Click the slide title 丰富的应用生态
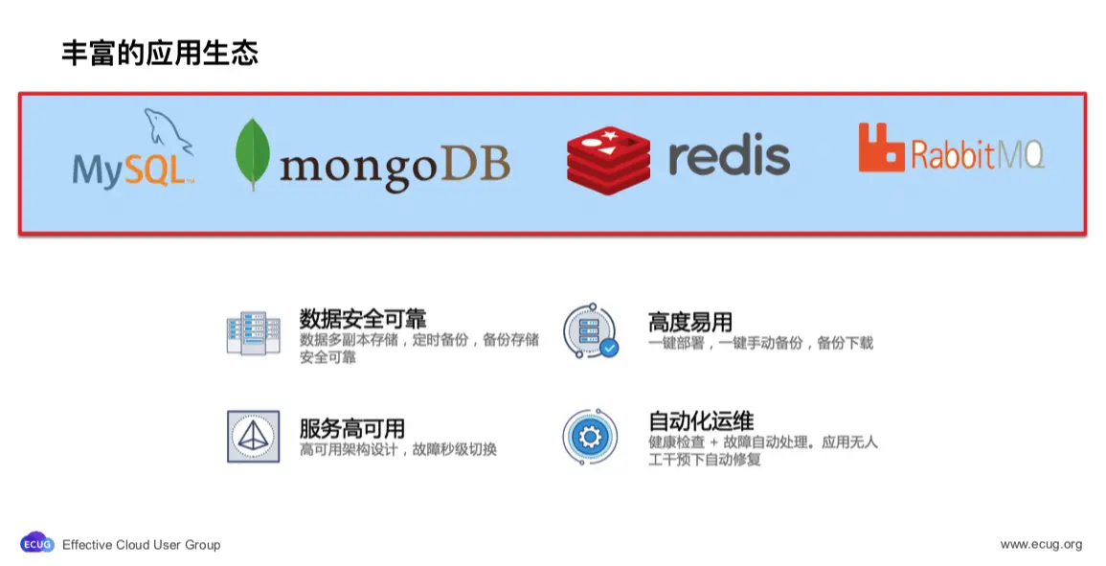(160, 53)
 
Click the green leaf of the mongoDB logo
(253, 154)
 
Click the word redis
(729, 156)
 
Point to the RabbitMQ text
(977, 154)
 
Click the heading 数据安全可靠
(362, 320)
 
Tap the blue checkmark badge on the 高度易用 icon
(609, 348)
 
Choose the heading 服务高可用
(351, 428)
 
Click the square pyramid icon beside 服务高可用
(253, 437)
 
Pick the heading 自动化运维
(701, 421)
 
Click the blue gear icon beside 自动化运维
(590, 437)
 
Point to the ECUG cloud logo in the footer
(37, 543)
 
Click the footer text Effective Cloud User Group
(141, 545)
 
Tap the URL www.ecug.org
(1041, 545)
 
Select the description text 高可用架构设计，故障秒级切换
(397, 450)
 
